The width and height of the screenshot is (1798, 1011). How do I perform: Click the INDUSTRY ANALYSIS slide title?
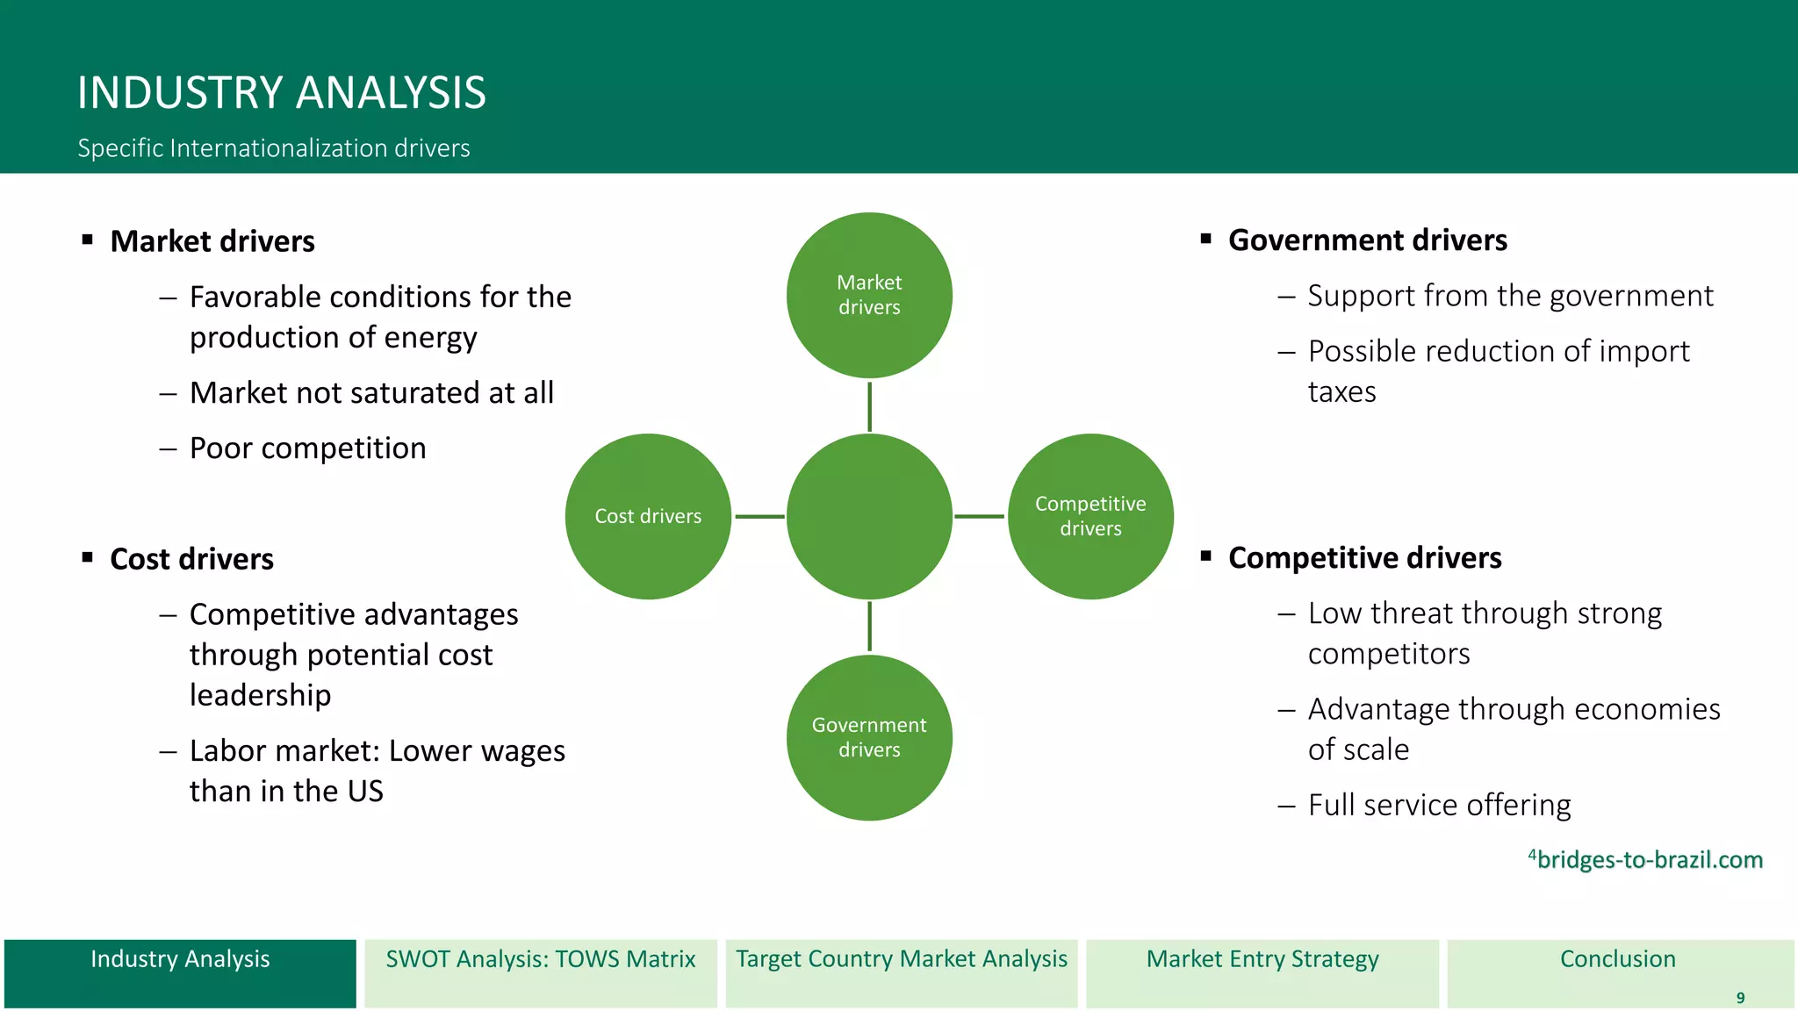click(x=281, y=93)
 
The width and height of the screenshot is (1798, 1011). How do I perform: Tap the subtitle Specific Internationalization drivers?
click(x=273, y=148)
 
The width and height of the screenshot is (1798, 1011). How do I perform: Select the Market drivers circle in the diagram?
click(x=869, y=295)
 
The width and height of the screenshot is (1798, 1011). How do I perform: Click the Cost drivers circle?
click(x=648, y=516)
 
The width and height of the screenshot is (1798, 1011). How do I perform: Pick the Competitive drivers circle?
click(x=1090, y=516)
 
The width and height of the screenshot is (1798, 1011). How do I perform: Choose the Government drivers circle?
click(x=869, y=737)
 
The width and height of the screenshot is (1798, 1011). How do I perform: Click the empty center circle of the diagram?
click(x=869, y=516)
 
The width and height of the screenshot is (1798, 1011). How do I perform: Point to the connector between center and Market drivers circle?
click(x=869, y=406)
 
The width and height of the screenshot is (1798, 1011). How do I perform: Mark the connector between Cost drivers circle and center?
click(x=759, y=516)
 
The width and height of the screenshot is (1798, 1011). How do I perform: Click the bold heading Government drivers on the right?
click(x=1367, y=240)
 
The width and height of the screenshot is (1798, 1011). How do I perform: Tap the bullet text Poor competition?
click(x=307, y=448)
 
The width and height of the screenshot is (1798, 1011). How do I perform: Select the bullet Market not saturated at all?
click(x=371, y=393)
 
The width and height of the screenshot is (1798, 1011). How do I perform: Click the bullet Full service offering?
click(x=1439, y=805)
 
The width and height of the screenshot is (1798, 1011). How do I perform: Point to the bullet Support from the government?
click(x=1510, y=296)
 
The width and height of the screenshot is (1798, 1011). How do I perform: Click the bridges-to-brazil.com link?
click(x=1649, y=860)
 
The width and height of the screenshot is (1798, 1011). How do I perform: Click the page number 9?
click(x=1740, y=998)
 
